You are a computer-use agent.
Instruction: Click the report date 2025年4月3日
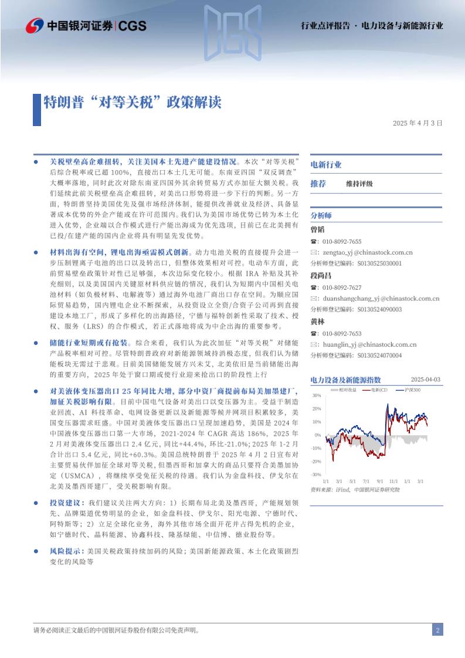click(417, 123)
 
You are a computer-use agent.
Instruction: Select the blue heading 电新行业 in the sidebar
click(326, 165)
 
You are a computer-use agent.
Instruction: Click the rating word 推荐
click(318, 184)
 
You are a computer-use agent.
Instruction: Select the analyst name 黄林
click(317, 322)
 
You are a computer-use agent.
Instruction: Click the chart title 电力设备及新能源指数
click(345, 380)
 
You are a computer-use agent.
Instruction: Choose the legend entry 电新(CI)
click(378, 389)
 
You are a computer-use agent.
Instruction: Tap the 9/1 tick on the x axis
click(379, 481)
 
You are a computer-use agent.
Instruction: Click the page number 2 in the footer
click(437, 630)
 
